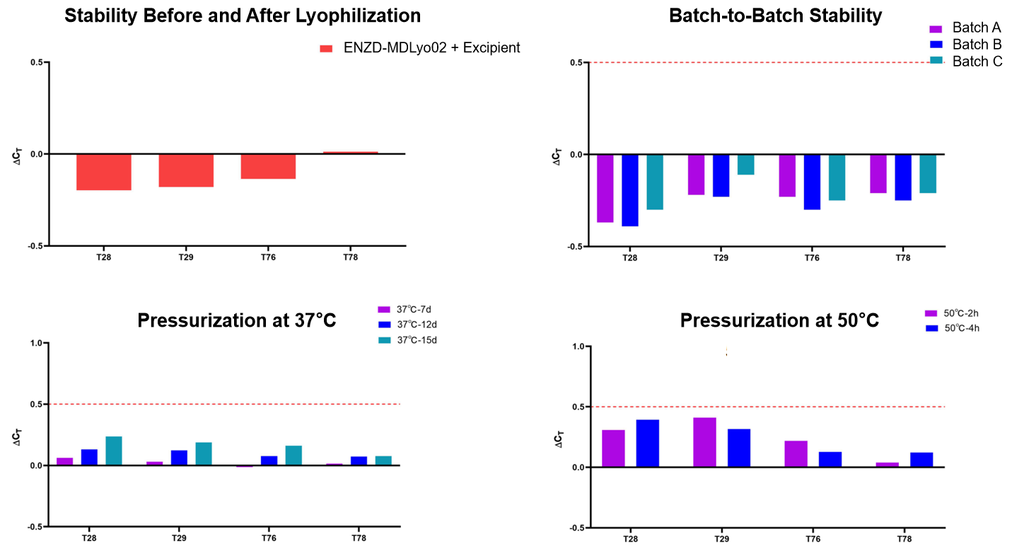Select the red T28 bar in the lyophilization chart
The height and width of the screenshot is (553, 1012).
coord(104,172)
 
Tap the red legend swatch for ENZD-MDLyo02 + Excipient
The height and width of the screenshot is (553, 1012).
coord(326,49)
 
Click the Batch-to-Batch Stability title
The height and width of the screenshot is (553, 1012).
coord(776,16)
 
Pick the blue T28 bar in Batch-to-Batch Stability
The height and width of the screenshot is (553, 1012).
coord(630,190)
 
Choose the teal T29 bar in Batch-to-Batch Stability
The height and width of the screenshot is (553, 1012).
coord(745,164)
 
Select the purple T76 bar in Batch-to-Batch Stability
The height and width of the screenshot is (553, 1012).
coord(787,175)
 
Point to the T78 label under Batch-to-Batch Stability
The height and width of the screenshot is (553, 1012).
coord(903,258)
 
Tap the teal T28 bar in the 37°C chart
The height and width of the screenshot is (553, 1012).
coord(114,450)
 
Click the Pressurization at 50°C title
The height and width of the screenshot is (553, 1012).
coord(779,320)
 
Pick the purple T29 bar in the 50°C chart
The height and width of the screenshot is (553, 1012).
coord(704,442)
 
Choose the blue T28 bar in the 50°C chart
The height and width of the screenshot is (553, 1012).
coord(647,443)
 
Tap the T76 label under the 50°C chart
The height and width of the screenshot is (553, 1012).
coord(812,539)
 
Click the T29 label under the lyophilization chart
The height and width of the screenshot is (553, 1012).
coord(186,257)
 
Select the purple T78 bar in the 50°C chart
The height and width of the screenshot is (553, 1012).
coord(887,465)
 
